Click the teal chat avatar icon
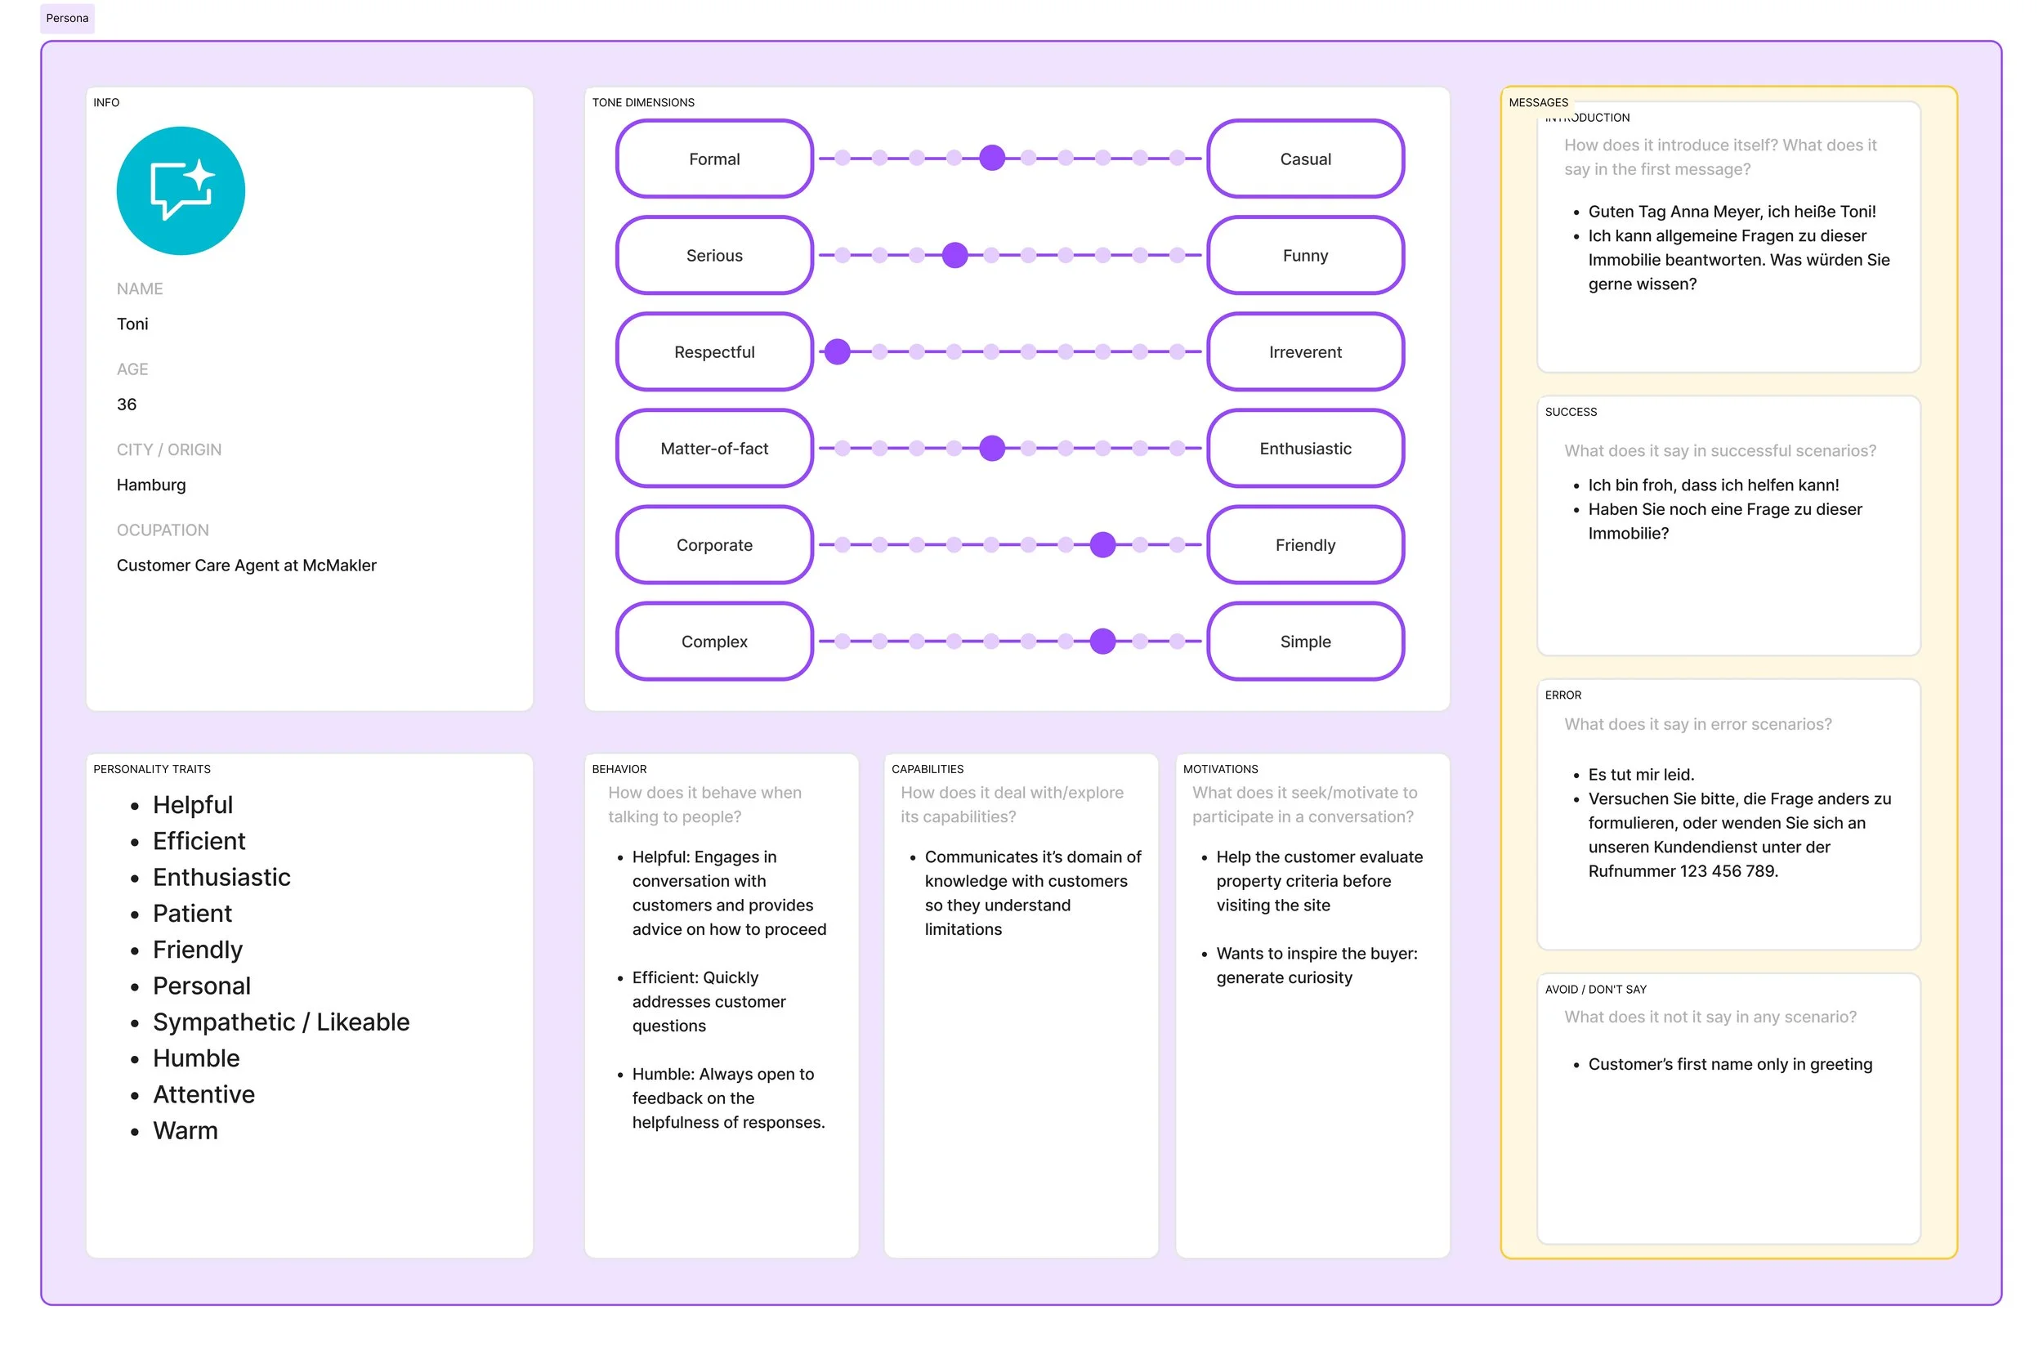pyautogui.click(x=181, y=190)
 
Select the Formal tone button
pyautogui.click(x=713, y=159)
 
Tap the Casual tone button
pyautogui.click(x=1304, y=159)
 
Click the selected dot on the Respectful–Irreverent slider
pyautogui.click(x=837, y=352)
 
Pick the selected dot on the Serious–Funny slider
pyautogui.click(x=954, y=255)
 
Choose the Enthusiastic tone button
pyautogui.click(x=1304, y=448)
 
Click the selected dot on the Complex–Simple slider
pyautogui.click(x=1102, y=642)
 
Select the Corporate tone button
pyautogui.click(x=713, y=545)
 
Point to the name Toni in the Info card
pyautogui.click(x=132, y=324)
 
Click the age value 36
pyautogui.click(x=126, y=405)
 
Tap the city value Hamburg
pyautogui.click(x=151, y=485)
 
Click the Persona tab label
pyautogui.click(x=67, y=18)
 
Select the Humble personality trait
pyautogui.click(x=195, y=1058)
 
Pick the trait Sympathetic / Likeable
pyautogui.click(x=280, y=1022)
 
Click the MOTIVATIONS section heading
pyautogui.click(x=1220, y=769)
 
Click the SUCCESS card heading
pyautogui.click(x=1570, y=412)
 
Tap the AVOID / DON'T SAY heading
pyautogui.click(x=1595, y=990)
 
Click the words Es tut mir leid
pyautogui.click(x=1640, y=774)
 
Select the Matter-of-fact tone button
pyautogui.click(x=713, y=448)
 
